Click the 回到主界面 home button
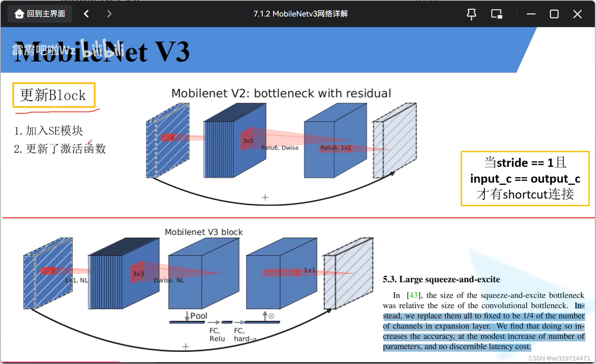coord(40,14)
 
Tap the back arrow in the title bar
coord(86,14)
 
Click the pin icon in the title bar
coord(472,14)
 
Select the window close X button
coord(577,14)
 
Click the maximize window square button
coord(554,14)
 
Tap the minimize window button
coord(531,14)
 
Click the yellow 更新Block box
coord(54,95)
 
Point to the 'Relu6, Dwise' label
coord(280,148)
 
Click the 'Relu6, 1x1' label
coord(336,148)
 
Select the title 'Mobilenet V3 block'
coord(204,232)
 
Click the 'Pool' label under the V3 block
coord(198,316)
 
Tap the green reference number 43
coord(413,295)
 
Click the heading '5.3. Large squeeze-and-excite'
coord(441,279)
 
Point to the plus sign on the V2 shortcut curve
coord(265,198)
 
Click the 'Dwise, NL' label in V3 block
coord(169,280)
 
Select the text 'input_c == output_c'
coord(525,179)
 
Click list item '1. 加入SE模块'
coord(49,130)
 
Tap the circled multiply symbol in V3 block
coord(271,316)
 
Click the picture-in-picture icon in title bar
coord(496,14)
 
